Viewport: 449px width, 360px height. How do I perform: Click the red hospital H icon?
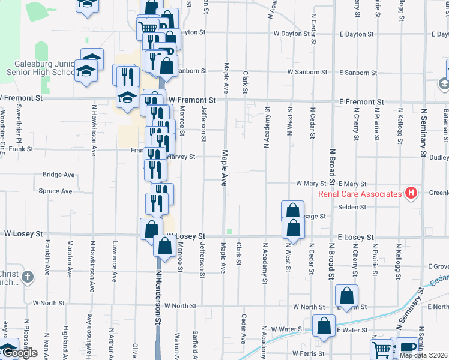coord(411,193)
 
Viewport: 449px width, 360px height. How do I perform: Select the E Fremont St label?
coord(360,102)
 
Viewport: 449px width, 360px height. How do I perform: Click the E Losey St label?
coord(355,238)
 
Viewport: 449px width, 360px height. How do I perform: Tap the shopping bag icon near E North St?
coord(346,295)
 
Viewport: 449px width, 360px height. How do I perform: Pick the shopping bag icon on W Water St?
coord(324,326)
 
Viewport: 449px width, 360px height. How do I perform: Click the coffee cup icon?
coord(407,348)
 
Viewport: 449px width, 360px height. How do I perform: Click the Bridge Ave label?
coord(58,175)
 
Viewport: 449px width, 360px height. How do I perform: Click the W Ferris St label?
coord(309,353)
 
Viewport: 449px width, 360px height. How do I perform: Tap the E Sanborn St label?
coord(358,73)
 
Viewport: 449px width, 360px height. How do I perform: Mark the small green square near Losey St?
coord(229,232)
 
